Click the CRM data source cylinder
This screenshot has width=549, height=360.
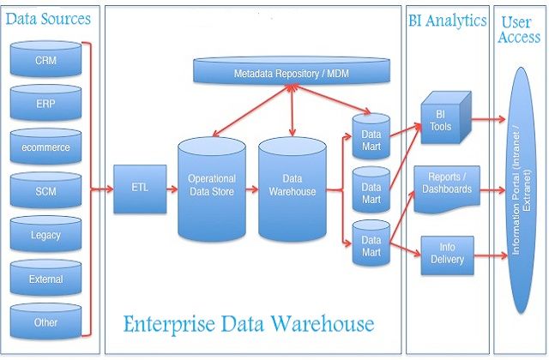[x=45, y=61]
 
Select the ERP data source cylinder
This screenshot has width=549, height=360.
[x=45, y=105]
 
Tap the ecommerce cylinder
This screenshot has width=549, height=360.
[x=45, y=147]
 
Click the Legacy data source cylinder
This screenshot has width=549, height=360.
[x=45, y=234]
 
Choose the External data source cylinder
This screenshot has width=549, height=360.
[x=45, y=279]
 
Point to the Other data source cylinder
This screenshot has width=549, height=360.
[x=45, y=322]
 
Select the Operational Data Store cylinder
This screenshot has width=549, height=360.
[x=211, y=189]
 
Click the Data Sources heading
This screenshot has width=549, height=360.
[x=49, y=19]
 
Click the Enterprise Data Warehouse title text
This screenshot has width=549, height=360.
[x=248, y=324]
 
